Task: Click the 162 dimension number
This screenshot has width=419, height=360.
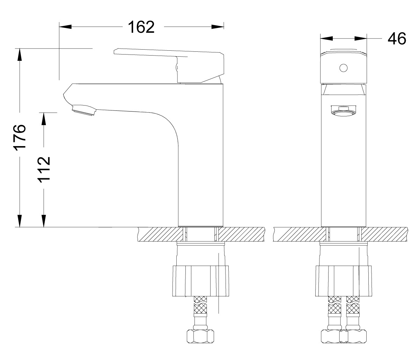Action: coord(141,27)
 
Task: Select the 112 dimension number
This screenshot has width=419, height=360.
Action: coord(44,170)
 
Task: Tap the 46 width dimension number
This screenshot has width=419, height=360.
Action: coord(397,38)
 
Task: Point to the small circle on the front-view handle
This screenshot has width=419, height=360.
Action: coord(343,68)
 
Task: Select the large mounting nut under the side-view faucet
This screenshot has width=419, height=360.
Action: coord(200,281)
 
